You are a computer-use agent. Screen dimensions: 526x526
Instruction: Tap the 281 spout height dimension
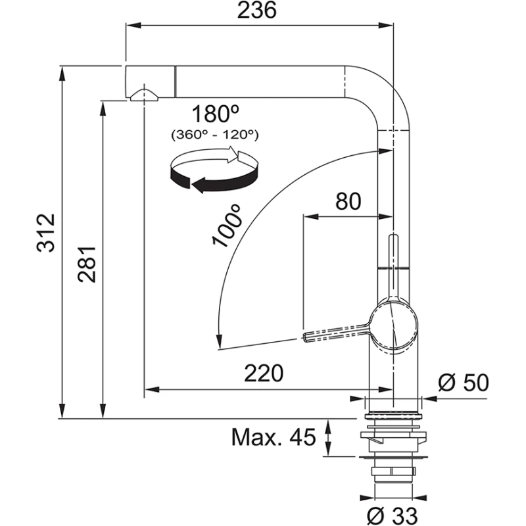87,264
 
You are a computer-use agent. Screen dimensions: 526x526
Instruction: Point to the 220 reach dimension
263,373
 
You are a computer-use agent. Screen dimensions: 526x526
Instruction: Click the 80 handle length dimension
348,201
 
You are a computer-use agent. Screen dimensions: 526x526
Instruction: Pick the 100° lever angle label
227,225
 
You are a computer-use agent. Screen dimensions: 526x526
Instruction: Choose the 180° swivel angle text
214,114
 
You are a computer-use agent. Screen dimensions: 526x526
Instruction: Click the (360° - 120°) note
214,135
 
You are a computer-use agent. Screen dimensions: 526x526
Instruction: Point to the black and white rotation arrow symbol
213,171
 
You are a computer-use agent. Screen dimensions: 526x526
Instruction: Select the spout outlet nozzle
143,95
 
